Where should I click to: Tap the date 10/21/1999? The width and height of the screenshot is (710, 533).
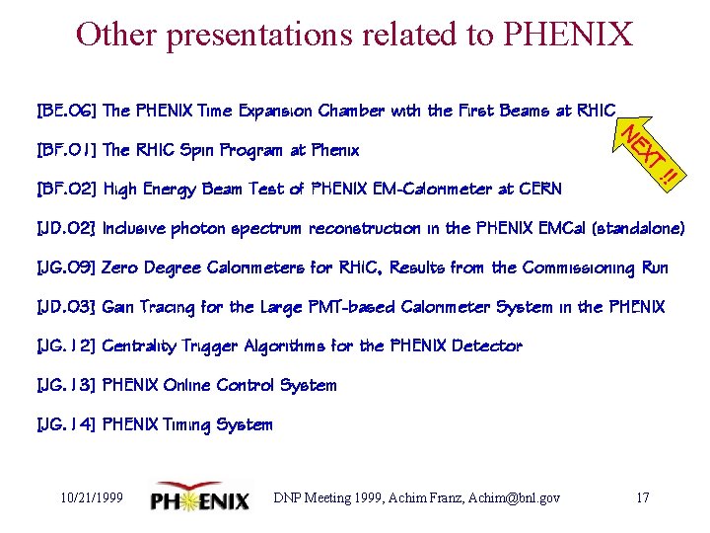[91, 497]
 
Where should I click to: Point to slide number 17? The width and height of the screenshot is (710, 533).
[642, 497]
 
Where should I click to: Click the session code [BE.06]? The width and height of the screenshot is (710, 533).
[65, 111]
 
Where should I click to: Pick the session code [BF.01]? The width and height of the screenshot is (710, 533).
[65, 150]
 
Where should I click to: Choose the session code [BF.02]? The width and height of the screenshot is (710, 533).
[65, 189]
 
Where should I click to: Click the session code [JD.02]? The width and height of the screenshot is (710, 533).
[65, 228]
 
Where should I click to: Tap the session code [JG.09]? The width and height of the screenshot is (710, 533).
[65, 267]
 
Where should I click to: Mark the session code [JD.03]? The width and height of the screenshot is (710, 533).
[65, 307]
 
